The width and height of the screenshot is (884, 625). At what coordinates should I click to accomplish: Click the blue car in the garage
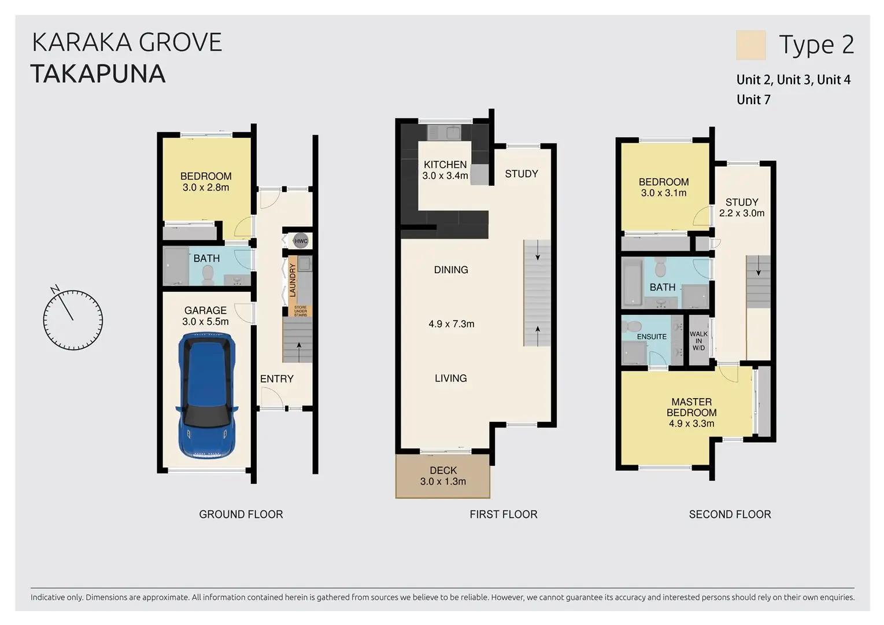[207, 396]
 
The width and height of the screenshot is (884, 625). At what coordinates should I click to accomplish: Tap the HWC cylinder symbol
[301, 241]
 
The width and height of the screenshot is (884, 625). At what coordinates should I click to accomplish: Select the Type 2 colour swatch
[751, 45]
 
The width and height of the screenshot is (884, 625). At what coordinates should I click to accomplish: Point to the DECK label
[443, 470]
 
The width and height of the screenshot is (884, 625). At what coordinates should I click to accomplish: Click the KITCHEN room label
[445, 164]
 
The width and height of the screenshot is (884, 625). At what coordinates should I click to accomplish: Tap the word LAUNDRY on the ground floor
[293, 280]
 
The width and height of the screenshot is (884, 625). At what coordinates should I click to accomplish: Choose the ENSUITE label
[652, 337]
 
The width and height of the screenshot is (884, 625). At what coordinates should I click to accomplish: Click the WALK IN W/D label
[698, 340]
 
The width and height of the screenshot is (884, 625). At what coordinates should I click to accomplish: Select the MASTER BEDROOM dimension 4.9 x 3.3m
[691, 424]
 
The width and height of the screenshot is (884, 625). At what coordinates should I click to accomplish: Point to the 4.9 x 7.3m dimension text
[452, 324]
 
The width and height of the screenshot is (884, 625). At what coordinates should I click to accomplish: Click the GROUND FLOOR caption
[241, 514]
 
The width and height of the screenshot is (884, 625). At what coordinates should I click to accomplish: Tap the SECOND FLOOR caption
[730, 514]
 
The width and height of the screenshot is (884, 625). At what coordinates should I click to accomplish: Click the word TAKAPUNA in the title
[98, 74]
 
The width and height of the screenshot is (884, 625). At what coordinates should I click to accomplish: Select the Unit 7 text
[753, 100]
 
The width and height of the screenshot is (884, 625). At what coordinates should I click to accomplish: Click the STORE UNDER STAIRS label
[300, 311]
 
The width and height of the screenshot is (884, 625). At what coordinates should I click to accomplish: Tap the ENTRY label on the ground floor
[276, 379]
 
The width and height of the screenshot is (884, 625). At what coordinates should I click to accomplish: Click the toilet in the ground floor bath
[208, 274]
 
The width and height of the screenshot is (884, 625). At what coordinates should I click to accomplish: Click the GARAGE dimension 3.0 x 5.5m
[205, 322]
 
